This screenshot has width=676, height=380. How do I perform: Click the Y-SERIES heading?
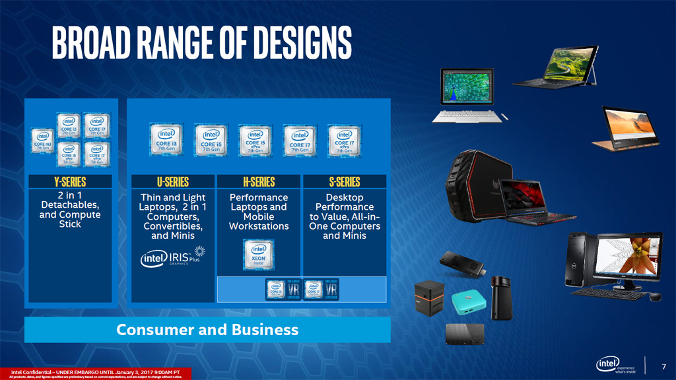[x=70, y=181]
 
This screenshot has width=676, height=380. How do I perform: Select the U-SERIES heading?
[x=173, y=181]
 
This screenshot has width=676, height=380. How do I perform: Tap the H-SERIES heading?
[x=258, y=181]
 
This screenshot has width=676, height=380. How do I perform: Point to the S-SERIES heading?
[x=344, y=181]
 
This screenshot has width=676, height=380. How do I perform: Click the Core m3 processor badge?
[x=43, y=140]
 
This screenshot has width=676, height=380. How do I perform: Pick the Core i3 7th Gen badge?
[x=166, y=139]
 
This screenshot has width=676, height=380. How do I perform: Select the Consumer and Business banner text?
[x=207, y=330]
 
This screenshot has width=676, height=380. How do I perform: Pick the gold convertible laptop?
[x=625, y=129]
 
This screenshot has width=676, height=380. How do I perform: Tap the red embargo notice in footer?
[x=95, y=374]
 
